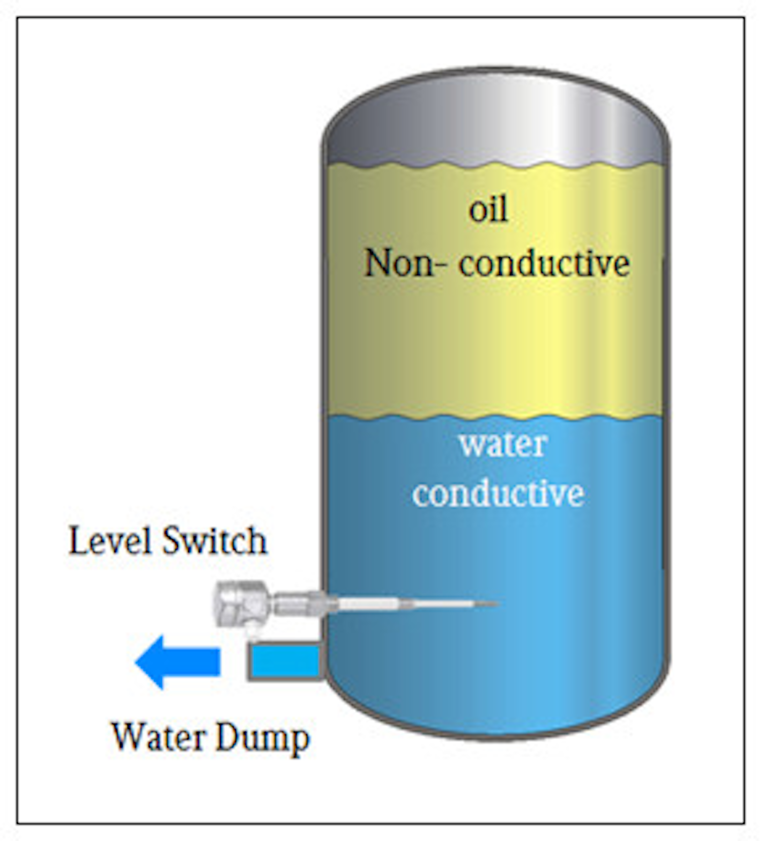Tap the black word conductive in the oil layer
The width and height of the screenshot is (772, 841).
tap(544, 263)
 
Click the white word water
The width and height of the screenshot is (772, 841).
tap(503, 444)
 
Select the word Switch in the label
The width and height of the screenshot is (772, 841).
tap(214, 540)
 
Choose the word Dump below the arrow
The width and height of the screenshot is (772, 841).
tap(263, 739)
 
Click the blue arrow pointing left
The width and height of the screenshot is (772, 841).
tap(177, 662)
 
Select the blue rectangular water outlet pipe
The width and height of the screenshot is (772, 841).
tap(284, 662)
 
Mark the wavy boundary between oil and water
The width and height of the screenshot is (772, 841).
tap(496, 417)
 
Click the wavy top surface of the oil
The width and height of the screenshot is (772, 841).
tap(496, 164)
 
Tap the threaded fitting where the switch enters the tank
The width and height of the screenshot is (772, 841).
tap(298, 603)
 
